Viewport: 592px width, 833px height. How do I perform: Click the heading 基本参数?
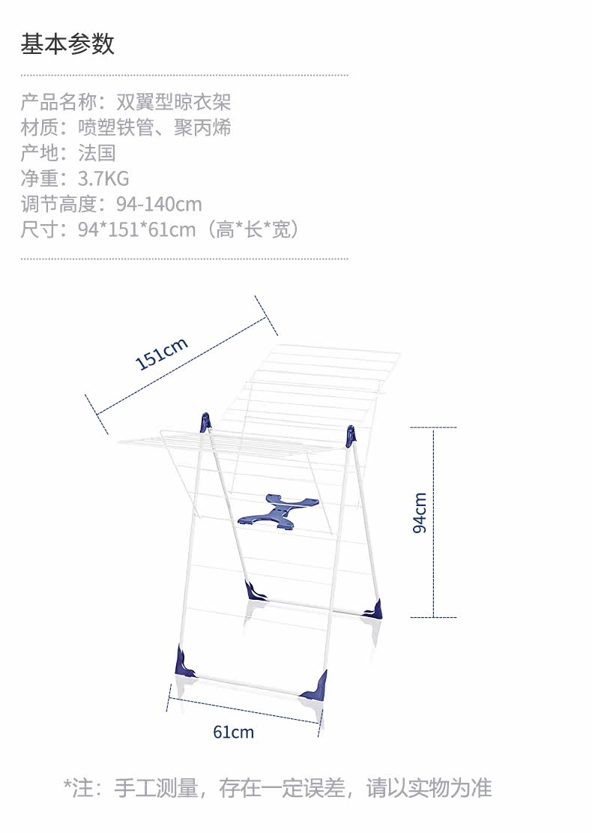pos(67,43)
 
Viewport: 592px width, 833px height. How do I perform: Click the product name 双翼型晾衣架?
pos(174,102)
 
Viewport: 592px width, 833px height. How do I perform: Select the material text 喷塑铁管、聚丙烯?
pos(154,127)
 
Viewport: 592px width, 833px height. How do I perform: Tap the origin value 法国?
pos(97,153)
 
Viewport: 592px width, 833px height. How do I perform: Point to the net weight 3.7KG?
pos(103,178)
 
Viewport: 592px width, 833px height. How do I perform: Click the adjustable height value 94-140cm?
pos(159,204)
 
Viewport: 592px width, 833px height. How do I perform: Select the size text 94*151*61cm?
pos(136,229)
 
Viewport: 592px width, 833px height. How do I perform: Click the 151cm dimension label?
pos(161,353)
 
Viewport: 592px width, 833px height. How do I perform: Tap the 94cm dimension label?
pos(420,513)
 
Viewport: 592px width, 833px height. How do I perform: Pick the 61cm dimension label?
pos(234,732)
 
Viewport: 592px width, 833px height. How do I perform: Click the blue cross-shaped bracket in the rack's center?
pos(278,511)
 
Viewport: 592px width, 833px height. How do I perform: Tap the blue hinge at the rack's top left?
pos(205,422)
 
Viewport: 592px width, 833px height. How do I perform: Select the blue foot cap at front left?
pos(185,662)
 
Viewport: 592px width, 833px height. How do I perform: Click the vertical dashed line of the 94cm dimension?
pos(434,523)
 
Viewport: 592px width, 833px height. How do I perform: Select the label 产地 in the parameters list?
pos(39,153)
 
